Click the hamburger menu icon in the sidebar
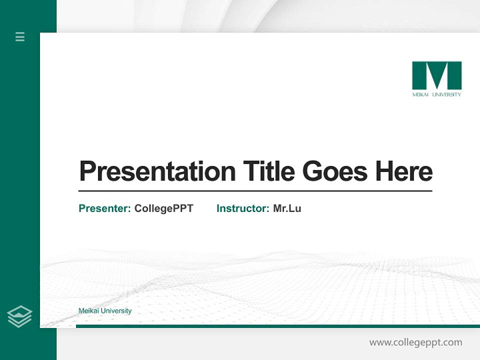(x=20, y=36)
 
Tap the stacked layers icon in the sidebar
(x=19, y=316)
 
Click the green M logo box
(x=436, y=75)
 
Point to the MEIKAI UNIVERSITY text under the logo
(x=436, y=94)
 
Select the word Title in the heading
(x=268, y=171)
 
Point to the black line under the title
(x=255, y=191)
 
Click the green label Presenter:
(x=104, y=208)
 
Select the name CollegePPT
(x=163, y=208)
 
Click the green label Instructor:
(x=242, y=208)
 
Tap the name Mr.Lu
(x=287, y=208)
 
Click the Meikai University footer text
(x=105, y=311)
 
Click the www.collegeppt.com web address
(x=415, y=342)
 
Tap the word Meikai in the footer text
(x=88, y=311)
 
